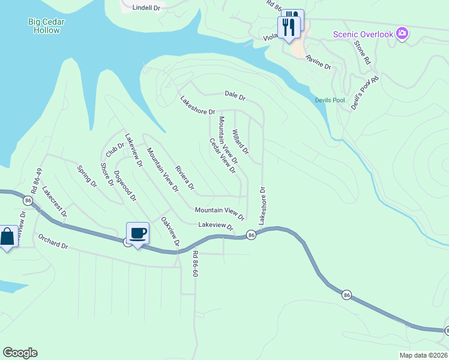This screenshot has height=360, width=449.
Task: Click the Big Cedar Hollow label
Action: coord(46,26)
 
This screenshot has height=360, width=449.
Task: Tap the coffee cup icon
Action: coord(137,233)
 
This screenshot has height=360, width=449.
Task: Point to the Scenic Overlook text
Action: coord(364,34)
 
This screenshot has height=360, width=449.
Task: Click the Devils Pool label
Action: coord(330,100)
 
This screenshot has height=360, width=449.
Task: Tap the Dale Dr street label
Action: coord(235,95)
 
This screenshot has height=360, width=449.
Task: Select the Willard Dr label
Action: coord(240,142)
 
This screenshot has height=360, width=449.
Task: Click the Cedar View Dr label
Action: coord(221,155)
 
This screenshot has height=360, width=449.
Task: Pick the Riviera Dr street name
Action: coord(185,178)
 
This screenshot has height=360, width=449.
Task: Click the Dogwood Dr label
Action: coord(125,186)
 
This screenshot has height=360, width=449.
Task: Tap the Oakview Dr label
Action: coord(170,232)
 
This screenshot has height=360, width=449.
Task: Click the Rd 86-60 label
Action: coord(195,263)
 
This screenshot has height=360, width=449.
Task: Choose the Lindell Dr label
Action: coord(146,8)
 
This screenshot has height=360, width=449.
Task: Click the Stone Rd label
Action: coord(363,53)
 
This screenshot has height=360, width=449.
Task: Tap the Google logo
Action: coord(20,353)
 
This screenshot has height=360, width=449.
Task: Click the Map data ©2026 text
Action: coord(424,355)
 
